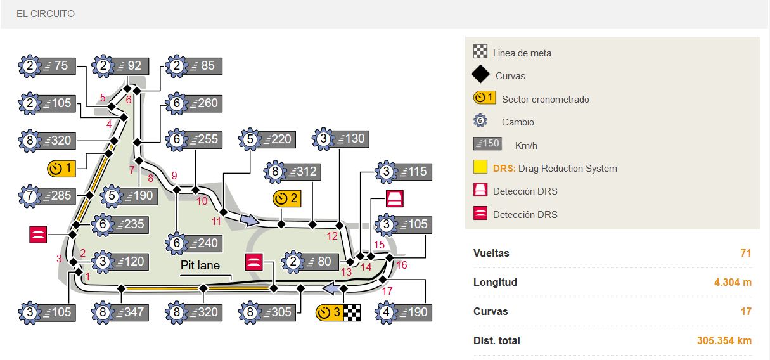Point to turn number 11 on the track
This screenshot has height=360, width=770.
tap(217, 221)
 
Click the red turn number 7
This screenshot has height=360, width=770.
tap(132, 170)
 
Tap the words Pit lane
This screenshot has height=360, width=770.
tap(200, 266)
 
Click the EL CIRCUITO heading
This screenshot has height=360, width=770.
tap(46, 13)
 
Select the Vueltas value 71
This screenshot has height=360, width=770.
tap(745, 253)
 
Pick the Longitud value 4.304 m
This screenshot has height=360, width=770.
tap(733, 282)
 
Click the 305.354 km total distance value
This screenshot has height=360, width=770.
tap(724, 340)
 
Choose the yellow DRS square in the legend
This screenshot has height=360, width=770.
tap(480, 168)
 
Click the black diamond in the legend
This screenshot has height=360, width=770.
tap(480, 75)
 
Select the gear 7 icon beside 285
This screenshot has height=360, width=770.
tap(30, 196)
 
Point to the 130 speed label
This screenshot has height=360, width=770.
tap(350, 139)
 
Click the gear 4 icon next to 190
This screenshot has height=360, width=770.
tap(387, 312)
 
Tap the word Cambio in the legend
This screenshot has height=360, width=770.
tap(518, 122)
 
